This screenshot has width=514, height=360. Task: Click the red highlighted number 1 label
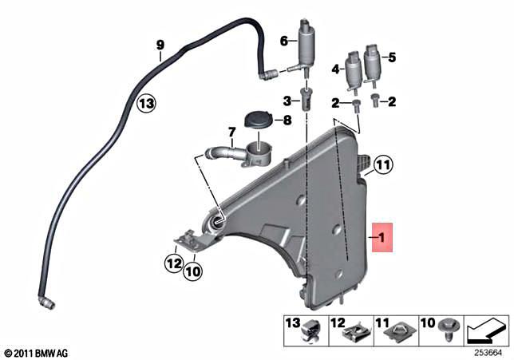coord(383,237)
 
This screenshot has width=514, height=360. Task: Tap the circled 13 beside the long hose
coord(144,102)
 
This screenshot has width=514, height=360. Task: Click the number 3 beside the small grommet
coord(286,100)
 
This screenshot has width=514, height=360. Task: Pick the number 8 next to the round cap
coord(287,120)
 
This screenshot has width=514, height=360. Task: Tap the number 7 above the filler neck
coord(231,131)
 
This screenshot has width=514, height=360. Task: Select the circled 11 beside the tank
coord(383,166)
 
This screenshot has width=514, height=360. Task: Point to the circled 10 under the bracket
coord(192,271)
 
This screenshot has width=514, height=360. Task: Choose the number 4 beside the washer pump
coord(336,69)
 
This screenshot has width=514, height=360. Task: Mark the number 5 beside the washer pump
coord(392,57)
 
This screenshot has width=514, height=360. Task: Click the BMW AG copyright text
coord(35,352)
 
